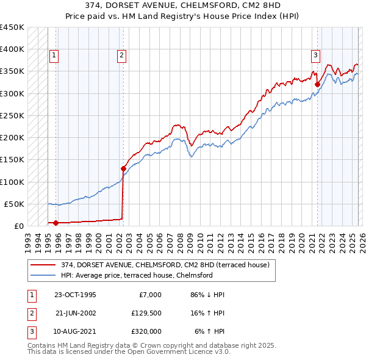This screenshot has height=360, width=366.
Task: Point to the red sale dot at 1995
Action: click(56, 223)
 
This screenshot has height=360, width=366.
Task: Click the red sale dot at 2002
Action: click(123, 168)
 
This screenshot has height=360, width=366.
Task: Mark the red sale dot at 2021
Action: click(318, 84)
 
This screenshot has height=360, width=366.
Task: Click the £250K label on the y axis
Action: click(12, 115)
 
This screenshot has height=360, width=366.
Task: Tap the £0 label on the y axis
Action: click(19, 226)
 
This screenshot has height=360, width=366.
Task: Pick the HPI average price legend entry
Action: click(136, 275)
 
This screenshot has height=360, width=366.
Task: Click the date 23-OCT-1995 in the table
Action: click(75, 295)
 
